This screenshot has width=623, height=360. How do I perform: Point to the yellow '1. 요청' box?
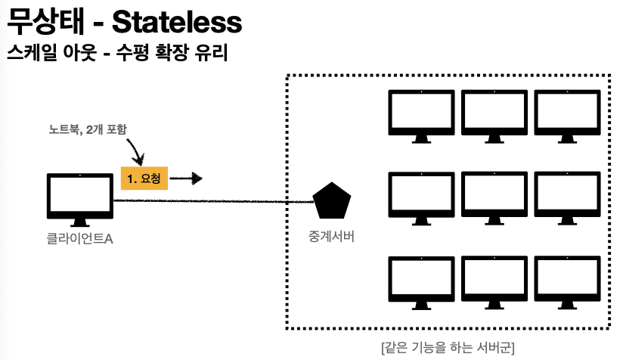(x=144, y=179)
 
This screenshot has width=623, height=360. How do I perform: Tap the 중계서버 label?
(x=331, y=236)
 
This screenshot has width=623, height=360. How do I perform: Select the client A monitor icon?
(x=79, y=198)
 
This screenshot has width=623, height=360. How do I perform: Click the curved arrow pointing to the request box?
(x=137, y=151)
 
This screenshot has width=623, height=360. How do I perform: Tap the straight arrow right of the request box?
(x=187, y=179)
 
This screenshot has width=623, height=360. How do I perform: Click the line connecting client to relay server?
(x=212, y=201)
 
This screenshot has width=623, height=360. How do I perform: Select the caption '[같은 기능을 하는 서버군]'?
(x=448, y=348)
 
